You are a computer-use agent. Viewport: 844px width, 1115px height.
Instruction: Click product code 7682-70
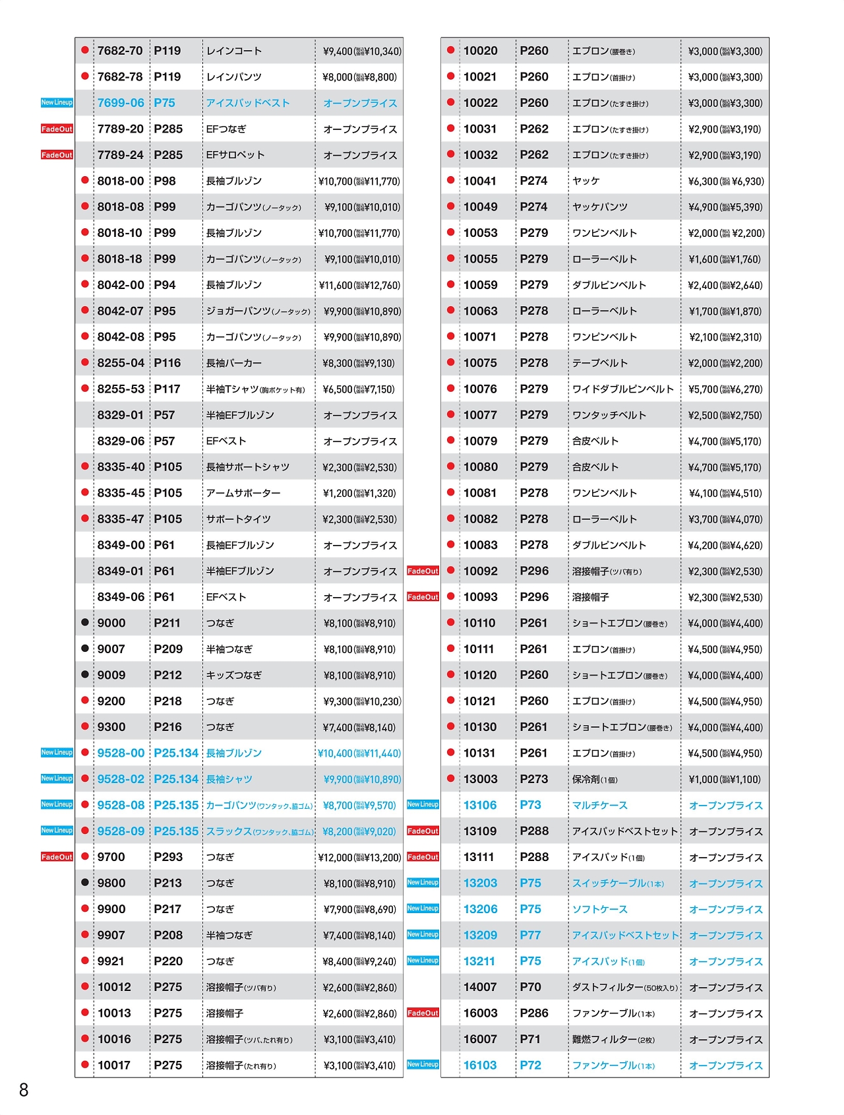tap(120, 51)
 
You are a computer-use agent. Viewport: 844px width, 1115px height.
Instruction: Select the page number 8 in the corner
tap(24, 1090)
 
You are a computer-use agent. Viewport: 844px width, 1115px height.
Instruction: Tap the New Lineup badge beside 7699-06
tap(57, 103)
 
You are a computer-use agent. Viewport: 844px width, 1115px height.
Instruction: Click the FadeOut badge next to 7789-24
tap(57, 155)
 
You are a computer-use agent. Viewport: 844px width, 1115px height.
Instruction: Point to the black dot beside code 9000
tap(85, 622)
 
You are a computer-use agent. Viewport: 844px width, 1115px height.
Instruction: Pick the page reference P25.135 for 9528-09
tap(176, 831)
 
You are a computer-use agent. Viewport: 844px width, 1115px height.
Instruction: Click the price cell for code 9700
tap(359, 858)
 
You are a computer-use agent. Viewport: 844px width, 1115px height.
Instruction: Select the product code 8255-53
tap(121, 389)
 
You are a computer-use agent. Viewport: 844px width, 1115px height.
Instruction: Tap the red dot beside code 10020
tap(451, 50)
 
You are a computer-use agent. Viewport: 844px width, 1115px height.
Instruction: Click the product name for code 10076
tap(623, 389)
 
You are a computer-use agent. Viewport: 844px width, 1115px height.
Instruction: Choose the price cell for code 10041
tap(725, 181)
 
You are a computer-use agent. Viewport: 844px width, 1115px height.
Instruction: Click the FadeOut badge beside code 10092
tap(423, 571)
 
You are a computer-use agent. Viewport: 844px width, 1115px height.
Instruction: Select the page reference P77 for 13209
tap(530, 936)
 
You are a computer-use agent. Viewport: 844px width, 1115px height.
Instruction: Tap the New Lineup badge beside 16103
tap(423, 1065)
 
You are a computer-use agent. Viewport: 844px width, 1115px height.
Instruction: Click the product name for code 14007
tap(624, 988)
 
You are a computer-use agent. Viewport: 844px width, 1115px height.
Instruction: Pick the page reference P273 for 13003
tap(534, 779)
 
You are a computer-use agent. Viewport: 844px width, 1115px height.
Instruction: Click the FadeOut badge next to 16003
tap(423, 1013)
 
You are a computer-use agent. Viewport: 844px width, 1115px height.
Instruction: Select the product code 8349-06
tap(121, 597)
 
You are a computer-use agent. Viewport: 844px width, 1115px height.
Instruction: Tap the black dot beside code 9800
tap(85, 883)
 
